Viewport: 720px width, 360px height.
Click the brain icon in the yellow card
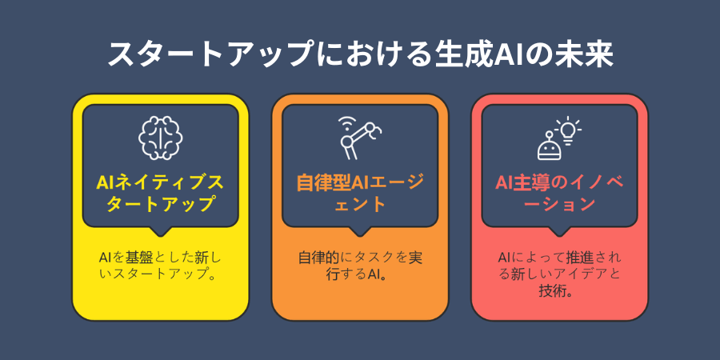(160, 138)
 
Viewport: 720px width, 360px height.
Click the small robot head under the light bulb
(548, 146)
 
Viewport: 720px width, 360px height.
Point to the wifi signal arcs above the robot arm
(346, 122)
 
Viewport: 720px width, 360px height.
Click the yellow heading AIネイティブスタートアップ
(160, 194)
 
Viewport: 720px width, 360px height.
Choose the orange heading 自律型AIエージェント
(360, 194)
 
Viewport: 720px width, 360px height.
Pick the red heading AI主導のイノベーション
(559, 194)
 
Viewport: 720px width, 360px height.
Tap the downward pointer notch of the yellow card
(160, 231)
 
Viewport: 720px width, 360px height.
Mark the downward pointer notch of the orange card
(360, 231)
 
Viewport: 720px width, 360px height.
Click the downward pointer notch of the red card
(559, 231)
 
